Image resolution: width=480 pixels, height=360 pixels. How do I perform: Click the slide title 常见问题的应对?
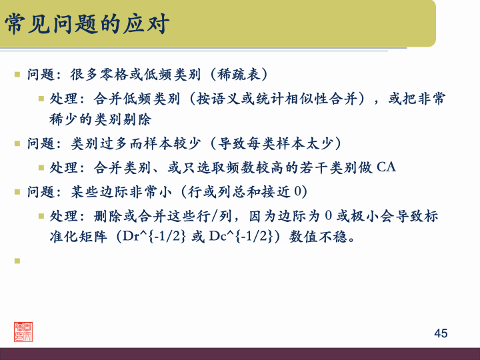(x=87, y=25)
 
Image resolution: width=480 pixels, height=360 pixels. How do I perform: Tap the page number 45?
(x=441, y=333)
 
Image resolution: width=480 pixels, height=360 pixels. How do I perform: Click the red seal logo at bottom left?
(x=23, y=331)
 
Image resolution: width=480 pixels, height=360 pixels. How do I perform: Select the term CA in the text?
(x=387, y=167)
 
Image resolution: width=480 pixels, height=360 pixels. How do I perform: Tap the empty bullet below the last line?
(x=18, y=261)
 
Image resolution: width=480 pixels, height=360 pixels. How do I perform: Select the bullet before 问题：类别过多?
(x=18, y=143)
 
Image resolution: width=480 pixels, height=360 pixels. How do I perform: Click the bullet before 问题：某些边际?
(x=18, y=192)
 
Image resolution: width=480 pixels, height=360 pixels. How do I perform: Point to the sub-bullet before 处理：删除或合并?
(x=41, y=216)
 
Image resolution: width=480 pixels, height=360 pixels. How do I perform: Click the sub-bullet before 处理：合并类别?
(x=41, y=167)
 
